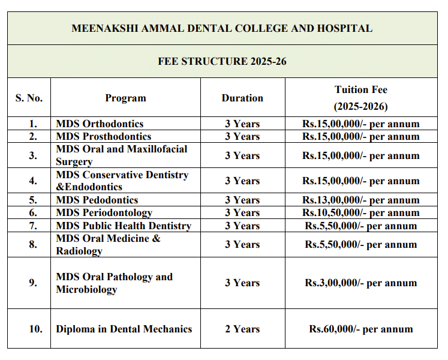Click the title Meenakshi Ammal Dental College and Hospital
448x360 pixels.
222,28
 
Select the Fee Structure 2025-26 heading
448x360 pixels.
222,61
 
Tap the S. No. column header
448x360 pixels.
29,98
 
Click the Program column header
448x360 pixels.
125,98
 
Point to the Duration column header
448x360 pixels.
242,98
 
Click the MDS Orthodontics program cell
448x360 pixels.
100,124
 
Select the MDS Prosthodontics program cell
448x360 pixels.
104,136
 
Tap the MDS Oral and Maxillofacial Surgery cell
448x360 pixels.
121,155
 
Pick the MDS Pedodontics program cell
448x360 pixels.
97,200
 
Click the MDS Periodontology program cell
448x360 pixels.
104,212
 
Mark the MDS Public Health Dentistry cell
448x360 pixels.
123,226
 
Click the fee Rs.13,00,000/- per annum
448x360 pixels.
361,200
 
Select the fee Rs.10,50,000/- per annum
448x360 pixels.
361,212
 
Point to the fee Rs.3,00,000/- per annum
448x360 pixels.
361,283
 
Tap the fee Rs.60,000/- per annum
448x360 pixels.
361,329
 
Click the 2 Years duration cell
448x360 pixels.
242,329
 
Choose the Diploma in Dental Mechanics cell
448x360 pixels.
124,329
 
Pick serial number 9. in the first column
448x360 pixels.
33,283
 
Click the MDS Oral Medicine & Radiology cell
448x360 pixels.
108,245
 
